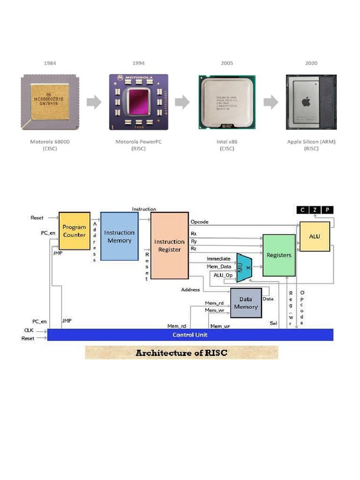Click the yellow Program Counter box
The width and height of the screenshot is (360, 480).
point(74,231)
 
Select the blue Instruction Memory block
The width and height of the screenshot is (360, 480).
point(120,236)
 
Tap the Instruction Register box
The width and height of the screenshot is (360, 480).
point(169,245)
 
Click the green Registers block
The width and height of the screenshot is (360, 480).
point(279,255)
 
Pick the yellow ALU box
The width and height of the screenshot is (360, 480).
point(315,236)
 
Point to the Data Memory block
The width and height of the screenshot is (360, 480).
point(246,303)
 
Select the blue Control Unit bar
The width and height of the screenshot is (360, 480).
point(190,335)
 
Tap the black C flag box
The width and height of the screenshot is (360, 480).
point(302,210)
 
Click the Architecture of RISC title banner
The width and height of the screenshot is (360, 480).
point(181,352)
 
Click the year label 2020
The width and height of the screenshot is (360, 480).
point(311,63)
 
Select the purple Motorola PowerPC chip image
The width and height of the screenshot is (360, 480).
point(138,101)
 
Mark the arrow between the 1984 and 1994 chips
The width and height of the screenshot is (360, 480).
point(94,102)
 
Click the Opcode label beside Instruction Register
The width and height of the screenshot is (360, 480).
point(199,222)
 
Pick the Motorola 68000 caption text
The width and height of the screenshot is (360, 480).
point(51,142)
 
